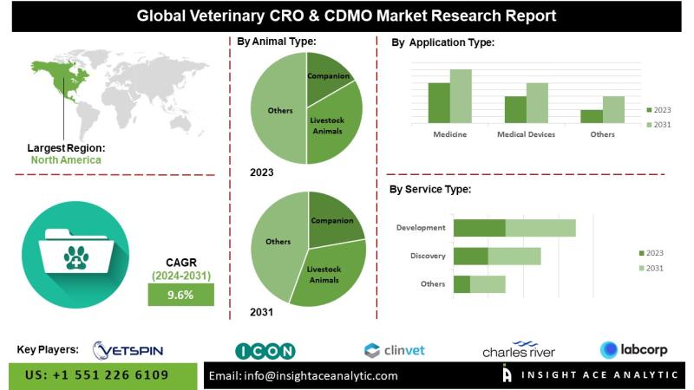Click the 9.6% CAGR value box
(x=180, y=296)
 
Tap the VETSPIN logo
(x=128, y=349)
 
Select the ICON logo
(x=265, y=350)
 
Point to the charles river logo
(x=519, y=349)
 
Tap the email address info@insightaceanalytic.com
(x=304, y=375)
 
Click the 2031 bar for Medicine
(x=460, y=96)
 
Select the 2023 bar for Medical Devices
(x=515, y=109)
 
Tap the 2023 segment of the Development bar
(x=479, y=228)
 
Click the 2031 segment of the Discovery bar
(x=514, y=256)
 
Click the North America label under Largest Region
(x=65, y=159)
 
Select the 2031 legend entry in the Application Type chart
(x=659, y=126)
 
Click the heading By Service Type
(x=430, y=189)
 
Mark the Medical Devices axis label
(x=526, y=134)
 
